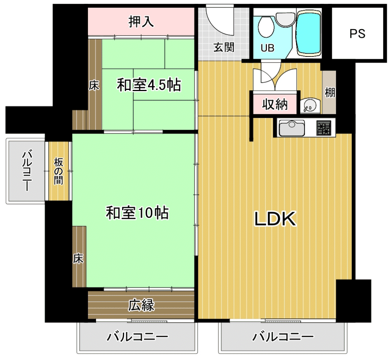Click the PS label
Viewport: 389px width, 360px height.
(x=357, y=34)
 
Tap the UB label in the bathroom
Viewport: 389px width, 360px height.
(x=268, y=48)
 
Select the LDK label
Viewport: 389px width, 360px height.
(x=275, y=219)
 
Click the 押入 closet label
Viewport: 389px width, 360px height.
(x=141, y=21)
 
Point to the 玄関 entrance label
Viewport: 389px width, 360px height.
(x=224, y=47)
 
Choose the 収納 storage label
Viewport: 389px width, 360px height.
(x=275, y=104)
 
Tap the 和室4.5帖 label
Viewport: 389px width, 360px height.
(x=149, y=85)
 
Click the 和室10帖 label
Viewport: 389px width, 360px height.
(x=137, y=213)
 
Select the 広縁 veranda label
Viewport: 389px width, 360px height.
(x=141, y=305)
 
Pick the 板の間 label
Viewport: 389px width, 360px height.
(x=59, y=171)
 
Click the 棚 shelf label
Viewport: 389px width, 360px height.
(x=330, y=93)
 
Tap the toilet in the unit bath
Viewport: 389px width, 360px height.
(x=266, y=27)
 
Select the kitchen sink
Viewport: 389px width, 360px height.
(x=292, y=128)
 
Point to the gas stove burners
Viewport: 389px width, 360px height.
(x=324, y=128)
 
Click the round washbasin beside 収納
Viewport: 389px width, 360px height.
(x=309, y=106)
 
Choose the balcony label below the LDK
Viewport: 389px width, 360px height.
(x=283, y=337)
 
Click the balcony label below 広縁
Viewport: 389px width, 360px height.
(x=137, y=337)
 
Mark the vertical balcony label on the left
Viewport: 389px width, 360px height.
(x=27, y=170)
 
